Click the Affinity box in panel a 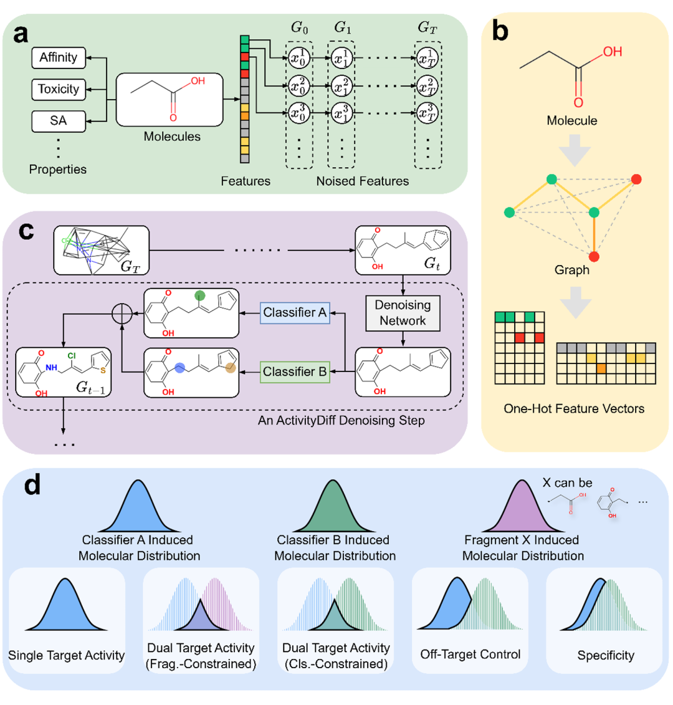click(59, 57)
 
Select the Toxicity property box click(59, 89)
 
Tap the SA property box click(59, 121)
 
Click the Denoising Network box click(403, 313)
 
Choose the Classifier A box click(295, 313)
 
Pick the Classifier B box click(295, 372)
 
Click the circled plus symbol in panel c click(122, 314)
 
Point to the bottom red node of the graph click(594, 257)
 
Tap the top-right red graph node click(636, 180)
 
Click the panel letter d click(32, 485)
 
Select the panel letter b click(500, 31)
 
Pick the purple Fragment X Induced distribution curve click(522, 506)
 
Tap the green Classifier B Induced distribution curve click(332, 506)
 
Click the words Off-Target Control click(470, 654)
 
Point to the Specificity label click(606, 655)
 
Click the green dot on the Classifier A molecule click(199, 295)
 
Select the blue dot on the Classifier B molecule click(179, 368)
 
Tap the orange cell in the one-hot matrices click(601, 368)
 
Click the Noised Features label click(362, 181)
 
